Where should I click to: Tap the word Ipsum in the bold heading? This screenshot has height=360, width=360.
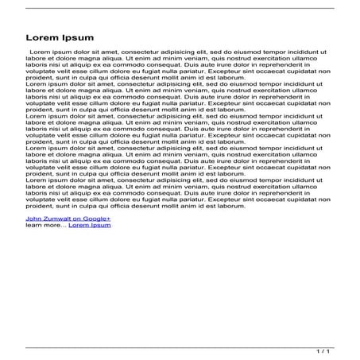pos(79,37)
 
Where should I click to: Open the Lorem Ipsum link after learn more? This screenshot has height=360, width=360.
pos(90,226)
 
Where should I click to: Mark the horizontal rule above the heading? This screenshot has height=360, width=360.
pos(180,8)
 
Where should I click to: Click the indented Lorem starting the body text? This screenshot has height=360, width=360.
pos(41,51)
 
